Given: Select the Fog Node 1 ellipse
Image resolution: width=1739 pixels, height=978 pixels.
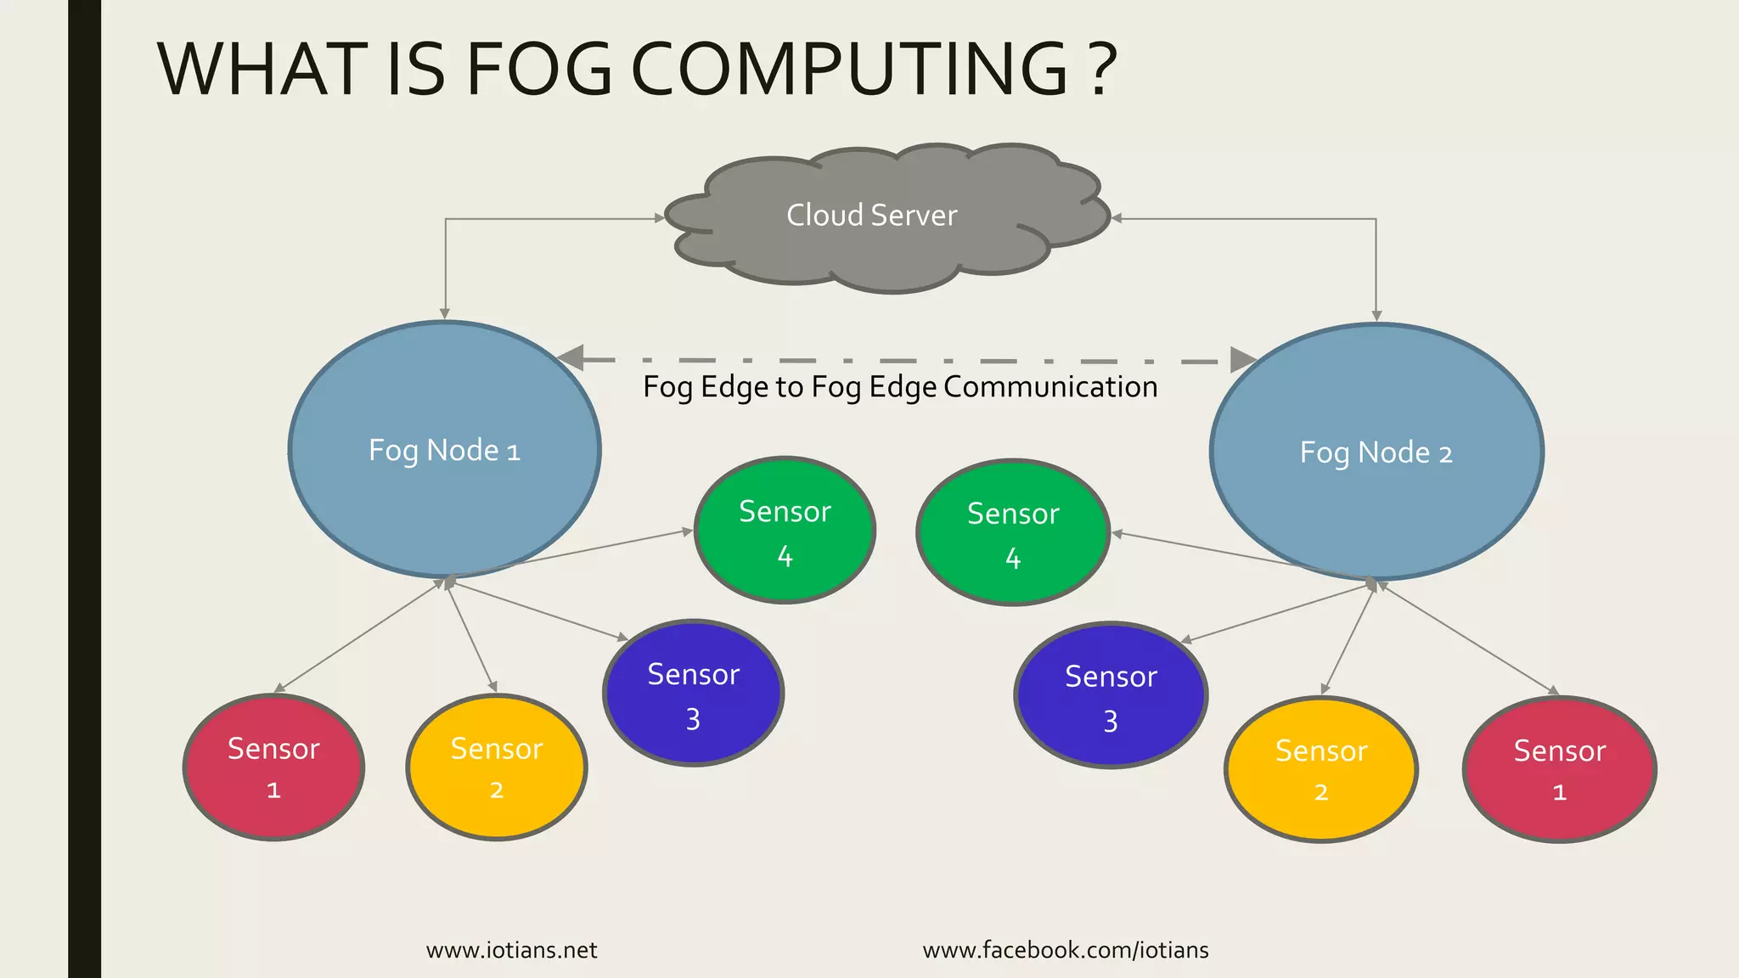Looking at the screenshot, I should pos(444,450).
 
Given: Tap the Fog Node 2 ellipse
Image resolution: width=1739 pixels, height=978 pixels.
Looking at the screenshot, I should pos(1376,452).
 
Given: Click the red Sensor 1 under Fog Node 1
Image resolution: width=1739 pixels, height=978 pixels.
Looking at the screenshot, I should pos(273,767).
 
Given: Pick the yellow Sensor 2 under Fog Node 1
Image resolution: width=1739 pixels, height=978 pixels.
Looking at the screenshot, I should pos(497,767).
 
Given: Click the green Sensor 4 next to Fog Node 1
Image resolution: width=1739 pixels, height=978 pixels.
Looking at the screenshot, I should pos(785,531).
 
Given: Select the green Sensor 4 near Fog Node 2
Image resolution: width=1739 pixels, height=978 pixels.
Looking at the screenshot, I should pos(1013,532).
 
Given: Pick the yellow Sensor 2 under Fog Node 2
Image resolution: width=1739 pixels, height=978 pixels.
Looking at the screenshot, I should pos(1321,769).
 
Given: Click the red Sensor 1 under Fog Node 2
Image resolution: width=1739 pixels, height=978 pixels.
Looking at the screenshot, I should pos(1559,769).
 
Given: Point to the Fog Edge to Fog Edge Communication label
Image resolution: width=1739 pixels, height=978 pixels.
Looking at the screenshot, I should pos(900,387).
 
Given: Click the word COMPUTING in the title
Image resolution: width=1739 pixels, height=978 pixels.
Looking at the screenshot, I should pos(849,70).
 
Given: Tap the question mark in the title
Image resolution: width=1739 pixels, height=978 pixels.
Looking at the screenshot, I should pos(1100,70).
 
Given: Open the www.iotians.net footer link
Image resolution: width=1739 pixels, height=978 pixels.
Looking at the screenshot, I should pos(511,950).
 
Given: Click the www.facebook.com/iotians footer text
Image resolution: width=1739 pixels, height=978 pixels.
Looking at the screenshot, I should pos(1066,950).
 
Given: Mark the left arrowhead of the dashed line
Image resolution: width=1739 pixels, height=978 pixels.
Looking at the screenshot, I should pos(571,358).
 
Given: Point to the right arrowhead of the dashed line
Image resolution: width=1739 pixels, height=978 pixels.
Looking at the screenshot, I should pos(1243,360).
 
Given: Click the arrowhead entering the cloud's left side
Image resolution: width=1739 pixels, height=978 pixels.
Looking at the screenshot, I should pos(660,218).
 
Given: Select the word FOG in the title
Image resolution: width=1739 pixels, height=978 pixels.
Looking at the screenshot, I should pos(539,70).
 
